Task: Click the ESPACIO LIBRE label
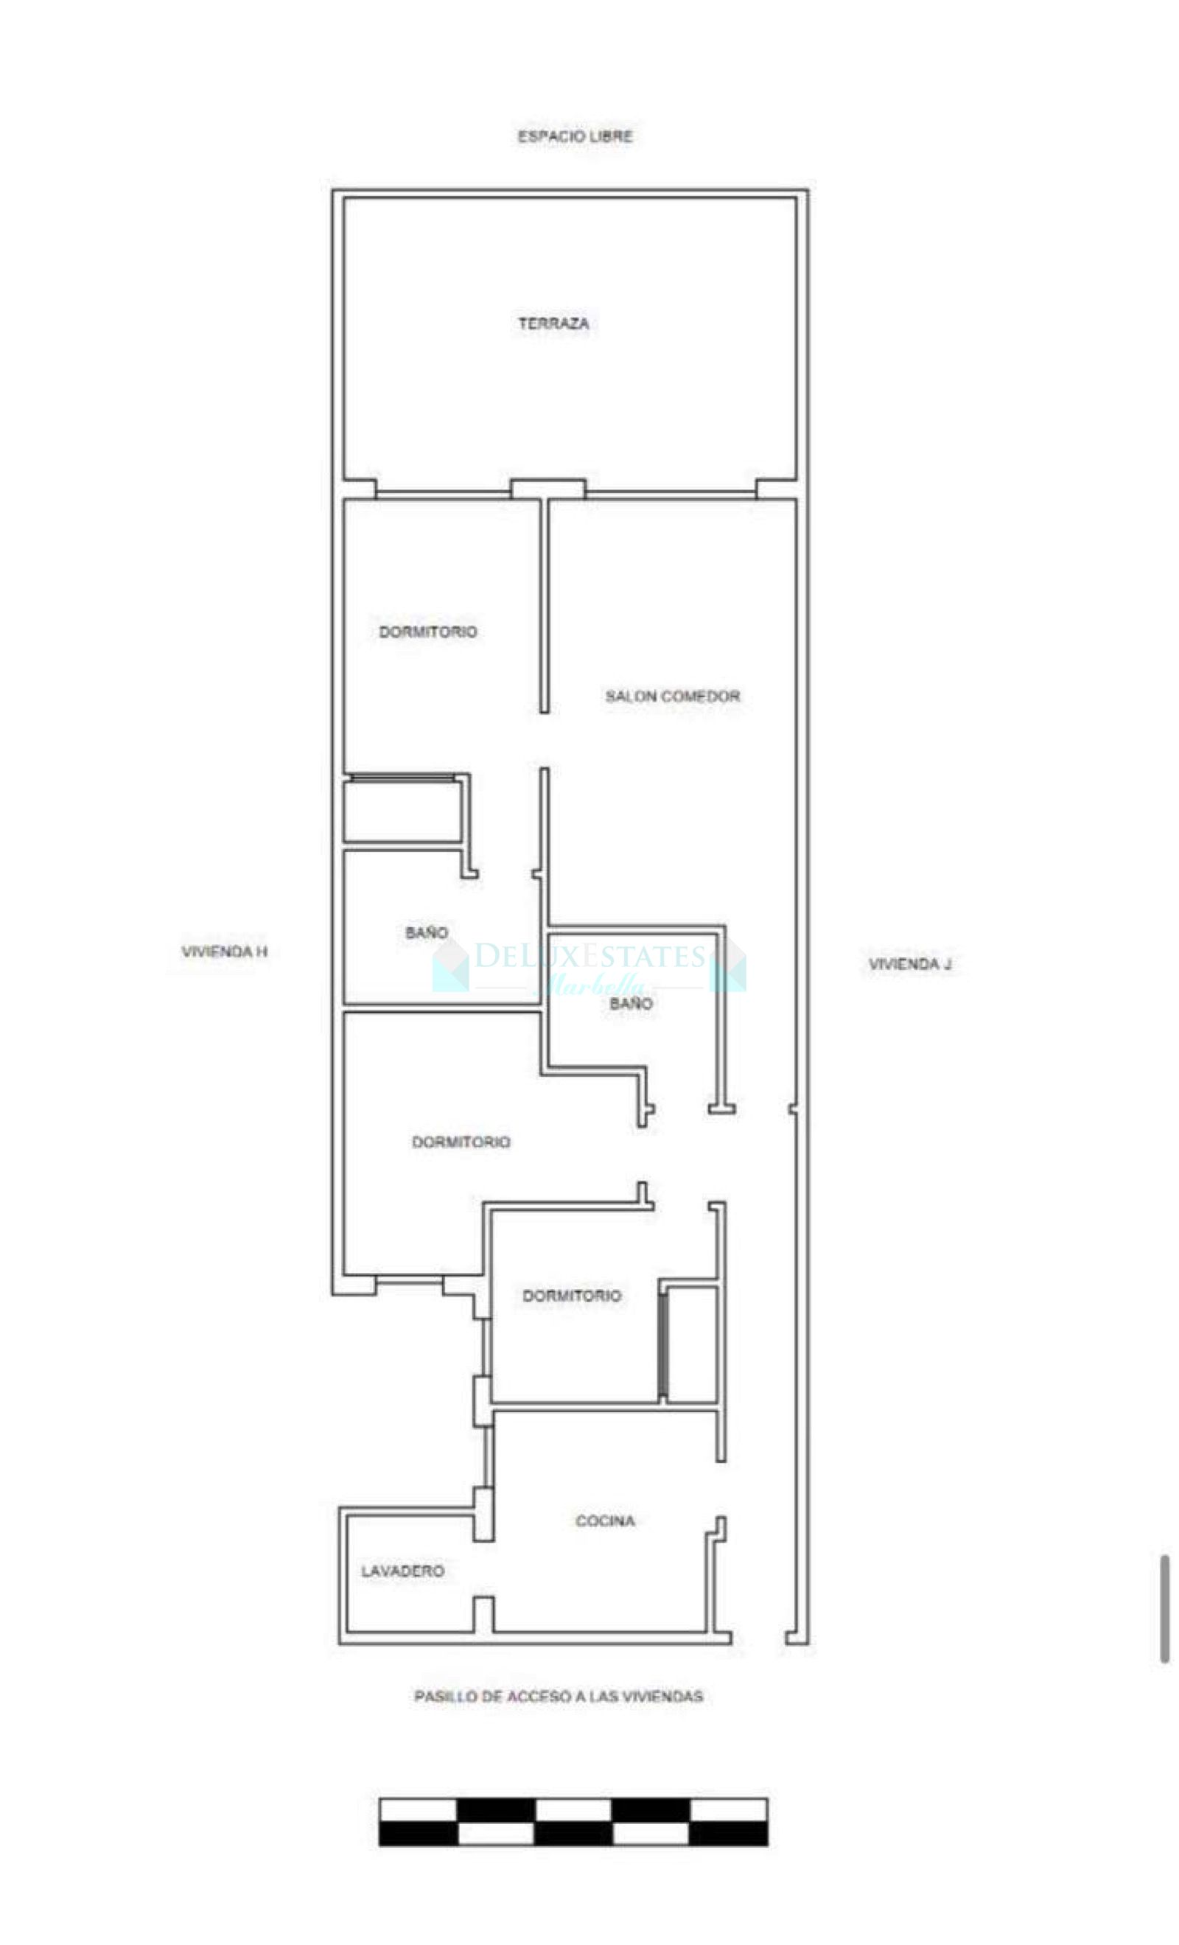pos(575,136)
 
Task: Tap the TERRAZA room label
pos(553,323)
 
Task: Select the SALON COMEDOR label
pos(672,696)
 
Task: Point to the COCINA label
pos(604,1520)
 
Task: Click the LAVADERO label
pos(402,1571)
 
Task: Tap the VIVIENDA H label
pos(224,951)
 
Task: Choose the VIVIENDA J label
pos(909,964)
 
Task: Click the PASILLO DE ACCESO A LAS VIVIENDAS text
pos(558,1696)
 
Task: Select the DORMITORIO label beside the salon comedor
pos(427,632)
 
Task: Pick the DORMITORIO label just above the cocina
pos(571,1296)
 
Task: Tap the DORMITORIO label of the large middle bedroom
pos(461,1142)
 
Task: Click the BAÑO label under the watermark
pos(631,1003)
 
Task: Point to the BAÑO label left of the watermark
pos(426,932)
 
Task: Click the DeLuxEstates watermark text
pos(589,957)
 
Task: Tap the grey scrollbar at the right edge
pos(1164,1608)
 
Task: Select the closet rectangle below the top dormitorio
pos(402,811)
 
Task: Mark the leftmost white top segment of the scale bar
pos(418,1809)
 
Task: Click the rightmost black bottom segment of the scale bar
pos(727,1833)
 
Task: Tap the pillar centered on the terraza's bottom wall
pos(547,489)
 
